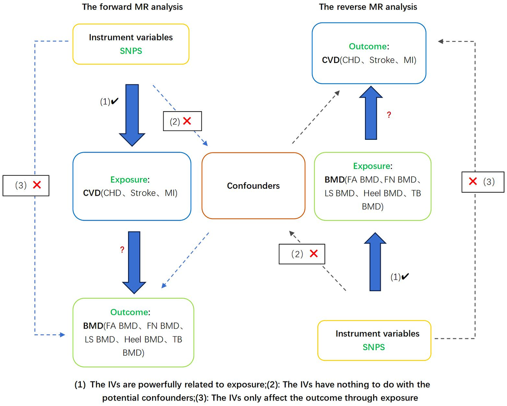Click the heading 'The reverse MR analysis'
pyautogui.click(x=368, y=7)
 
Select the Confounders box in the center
pyautogui.click(x=253, y=185)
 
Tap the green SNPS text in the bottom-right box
pyautogui.click(x=373, y=347)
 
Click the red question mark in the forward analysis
pyautogui.click(x=122, y=250)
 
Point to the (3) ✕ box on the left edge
pyautogui.click(x=26, y=185)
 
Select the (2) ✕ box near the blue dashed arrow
pyautogui.click(x=183, y=122)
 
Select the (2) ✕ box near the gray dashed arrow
pyautogui.click(x=302, y=254)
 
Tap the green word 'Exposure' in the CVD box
pyautogui.click(x=129, y=180)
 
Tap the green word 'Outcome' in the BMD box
pyautogui.click(x=129, y=312)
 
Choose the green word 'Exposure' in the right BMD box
pyautogui.click(x=371, y=166)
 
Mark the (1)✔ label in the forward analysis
pyautogui.click(x=108, y=102)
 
